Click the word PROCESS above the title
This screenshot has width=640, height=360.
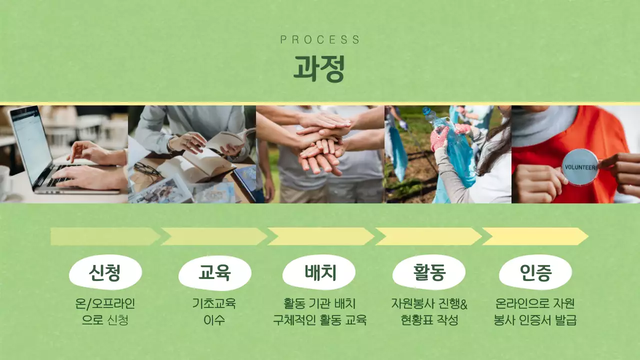(320, 40)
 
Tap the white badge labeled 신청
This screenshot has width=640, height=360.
(105, 272)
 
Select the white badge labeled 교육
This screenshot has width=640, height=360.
(214, 272)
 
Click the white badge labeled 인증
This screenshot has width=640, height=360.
(535, 272)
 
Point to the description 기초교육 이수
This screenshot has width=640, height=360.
(214, 311)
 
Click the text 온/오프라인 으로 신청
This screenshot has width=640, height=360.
(105, 311)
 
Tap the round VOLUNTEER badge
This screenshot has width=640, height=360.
(580, 166)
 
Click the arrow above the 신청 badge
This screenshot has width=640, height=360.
(105, 236)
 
